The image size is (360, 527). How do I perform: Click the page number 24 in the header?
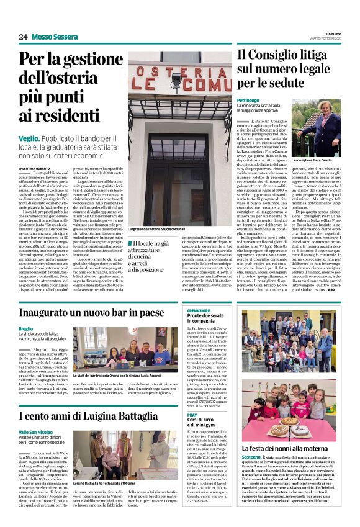pyautogui.click(x=23, y=37)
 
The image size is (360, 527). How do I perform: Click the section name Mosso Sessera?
pyautogui.click(x=55, y=37)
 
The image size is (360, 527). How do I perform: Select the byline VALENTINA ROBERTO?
pyautogui.click(x=35, y=168)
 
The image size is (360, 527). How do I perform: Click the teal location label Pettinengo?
pyautogui.click(x=248, y=99)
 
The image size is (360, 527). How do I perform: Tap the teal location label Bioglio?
pyautogui.click(x=26, y=328)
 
